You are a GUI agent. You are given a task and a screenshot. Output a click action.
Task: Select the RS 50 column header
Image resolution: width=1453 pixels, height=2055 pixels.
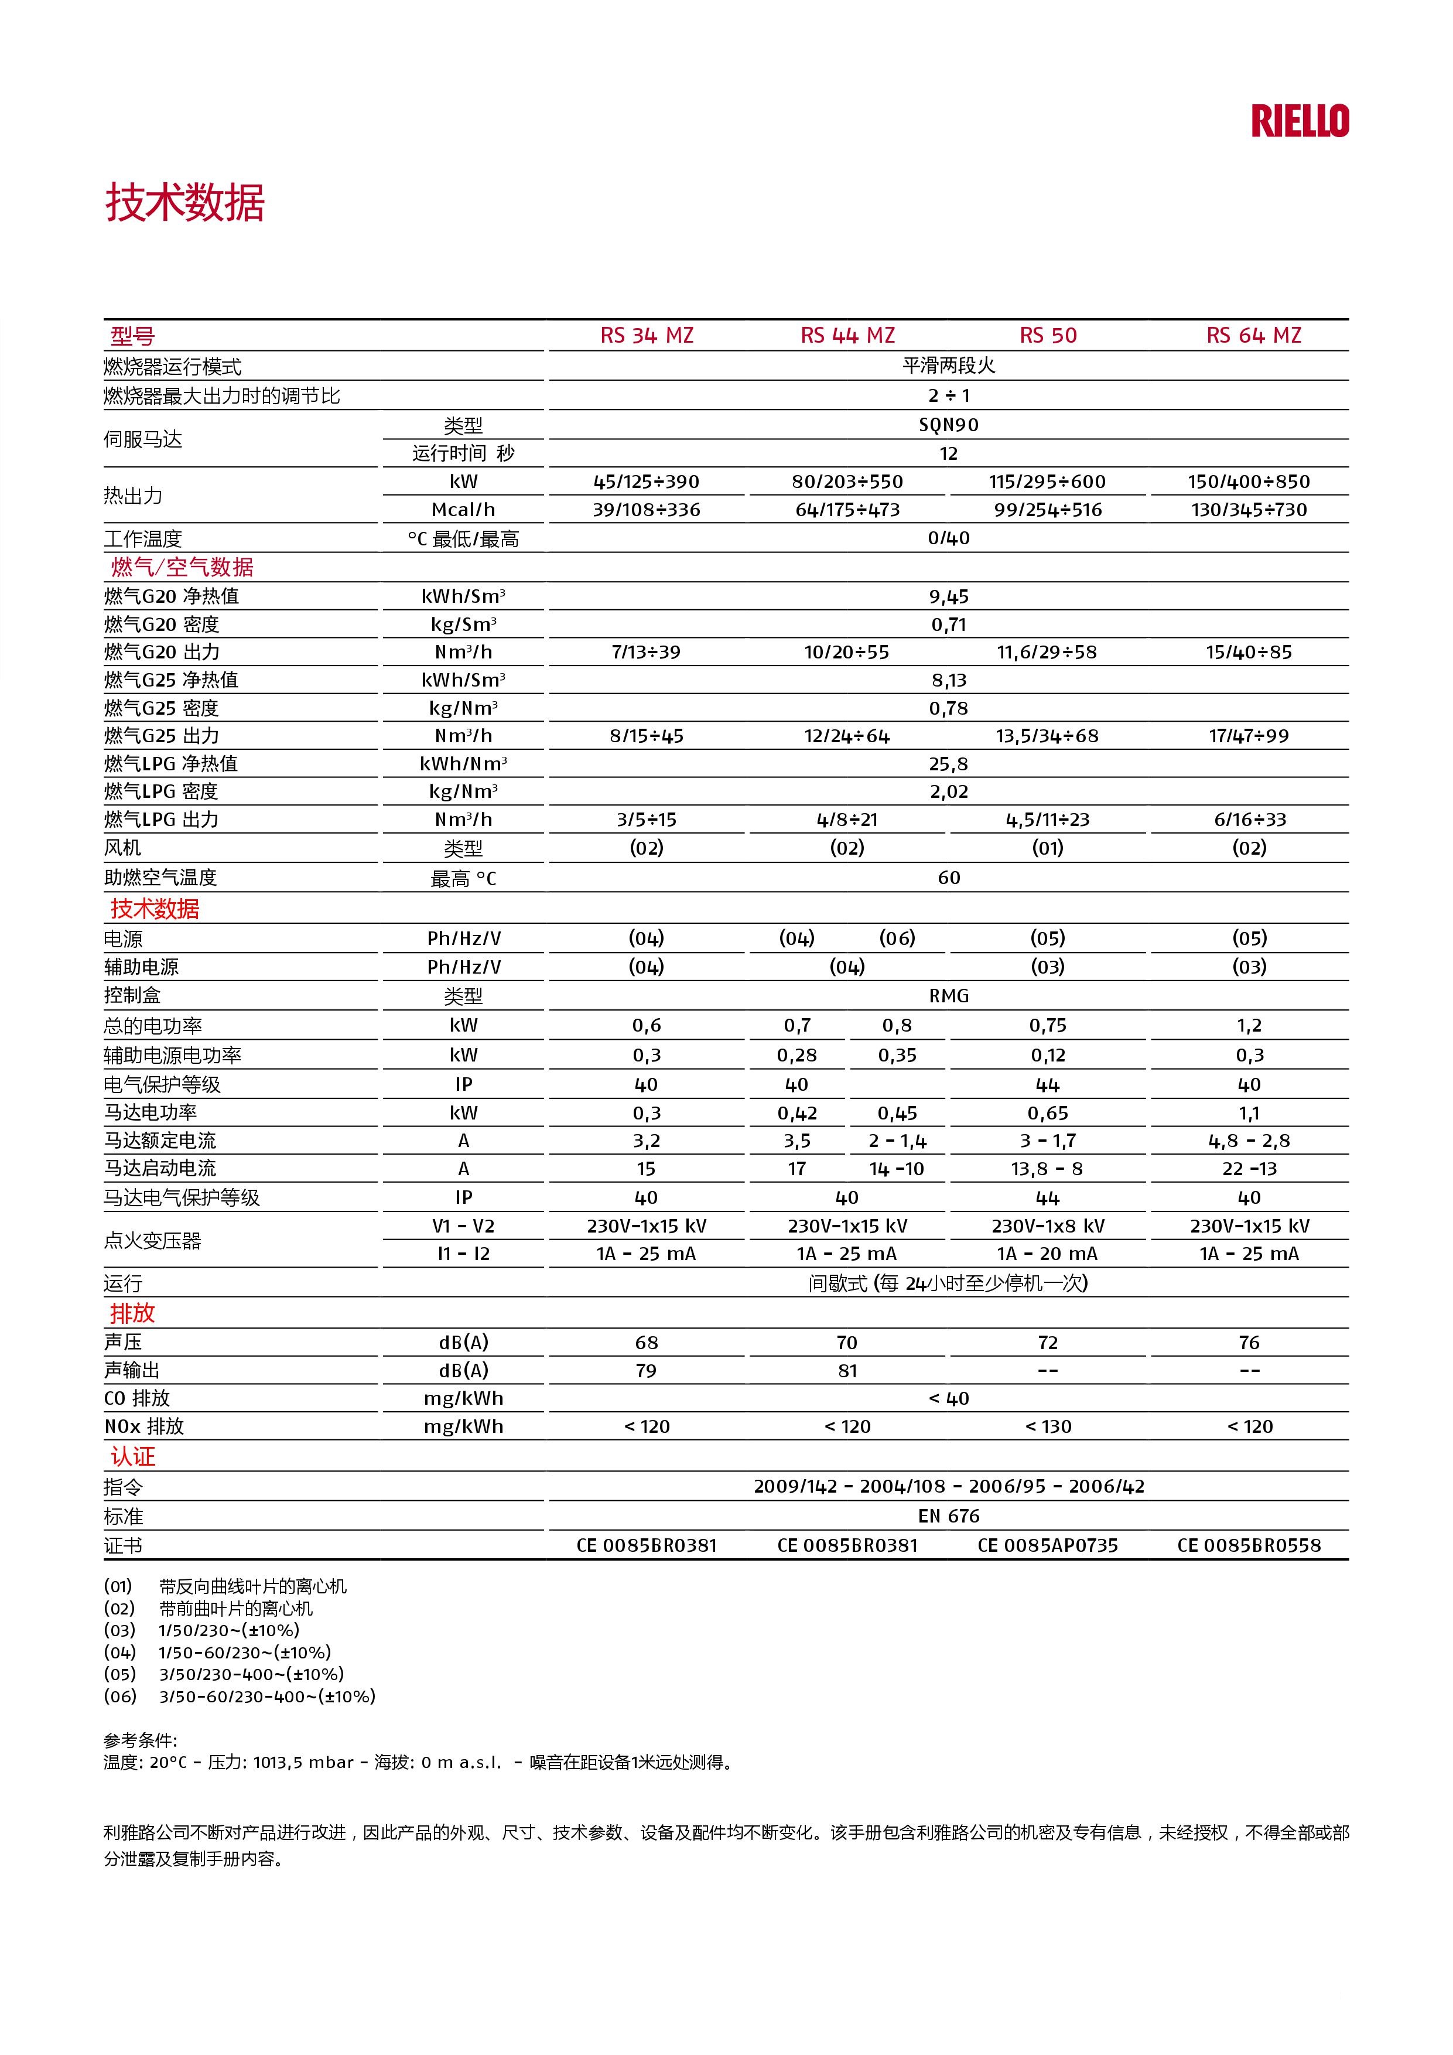click(1048, 336)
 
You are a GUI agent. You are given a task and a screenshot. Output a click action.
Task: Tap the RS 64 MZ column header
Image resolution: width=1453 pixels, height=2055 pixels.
click(1253, 336)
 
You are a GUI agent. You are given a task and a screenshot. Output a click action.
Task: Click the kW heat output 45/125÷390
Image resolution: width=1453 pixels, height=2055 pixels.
click(646, 482)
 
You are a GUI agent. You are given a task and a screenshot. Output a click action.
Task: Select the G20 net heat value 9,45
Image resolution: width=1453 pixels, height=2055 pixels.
click(948, 597)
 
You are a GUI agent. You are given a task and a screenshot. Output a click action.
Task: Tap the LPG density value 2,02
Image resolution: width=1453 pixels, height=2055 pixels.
click(948, 792)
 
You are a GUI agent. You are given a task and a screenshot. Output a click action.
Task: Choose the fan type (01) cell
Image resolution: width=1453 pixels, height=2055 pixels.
click(1048, 848)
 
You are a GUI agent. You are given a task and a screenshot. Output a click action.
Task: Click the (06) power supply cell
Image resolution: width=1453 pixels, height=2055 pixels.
click(897, 938)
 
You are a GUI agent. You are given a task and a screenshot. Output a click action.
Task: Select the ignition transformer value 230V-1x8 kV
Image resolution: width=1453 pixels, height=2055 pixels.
click(1048, 1226)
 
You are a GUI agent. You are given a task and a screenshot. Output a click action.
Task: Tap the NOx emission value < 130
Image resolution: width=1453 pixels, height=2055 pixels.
click(1048, 1426)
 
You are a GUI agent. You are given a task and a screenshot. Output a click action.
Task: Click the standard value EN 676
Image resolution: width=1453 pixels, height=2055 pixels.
click(948, 1516)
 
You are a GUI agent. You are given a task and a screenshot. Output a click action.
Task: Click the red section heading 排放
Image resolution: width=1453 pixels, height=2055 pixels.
click(132, 1313)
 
